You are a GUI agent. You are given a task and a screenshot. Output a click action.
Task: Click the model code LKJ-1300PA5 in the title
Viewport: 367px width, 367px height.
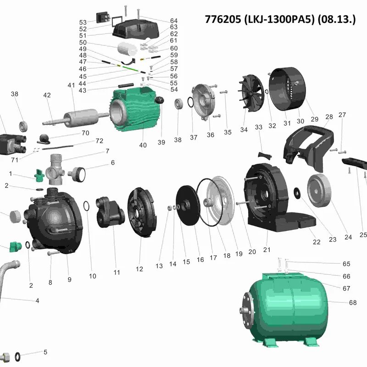(x=279, y=19)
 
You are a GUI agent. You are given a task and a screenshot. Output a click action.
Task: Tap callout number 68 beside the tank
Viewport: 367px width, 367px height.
(x=352, y=303)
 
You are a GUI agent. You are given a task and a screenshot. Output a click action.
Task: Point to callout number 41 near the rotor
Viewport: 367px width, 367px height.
(x=71, y=85)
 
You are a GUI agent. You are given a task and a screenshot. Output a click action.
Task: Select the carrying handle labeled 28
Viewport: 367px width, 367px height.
(x=308, y=147)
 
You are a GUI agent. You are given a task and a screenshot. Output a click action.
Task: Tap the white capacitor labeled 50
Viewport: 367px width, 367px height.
(x=127, y=49)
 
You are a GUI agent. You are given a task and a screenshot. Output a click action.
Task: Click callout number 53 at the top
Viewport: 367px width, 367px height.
(x=83, y=22)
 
